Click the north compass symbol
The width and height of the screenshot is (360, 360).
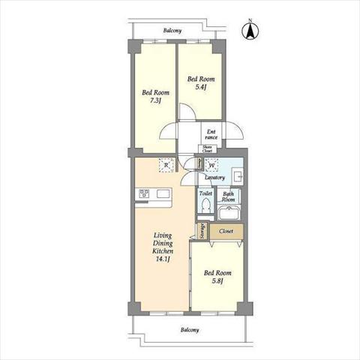click(250, 31)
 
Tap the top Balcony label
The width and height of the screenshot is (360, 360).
click(172, 31)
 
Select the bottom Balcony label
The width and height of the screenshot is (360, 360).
click(190, 330)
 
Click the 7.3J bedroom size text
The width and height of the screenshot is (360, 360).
click(155, 100)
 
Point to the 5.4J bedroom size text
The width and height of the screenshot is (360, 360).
click(201, 87)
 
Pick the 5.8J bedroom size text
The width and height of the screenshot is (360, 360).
click(217, 280)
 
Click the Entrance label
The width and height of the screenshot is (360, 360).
click(211, 134)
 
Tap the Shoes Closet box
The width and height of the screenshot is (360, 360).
click(207, 149)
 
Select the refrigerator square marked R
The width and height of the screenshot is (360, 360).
click(166, 165)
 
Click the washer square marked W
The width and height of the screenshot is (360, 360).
click(211, 165)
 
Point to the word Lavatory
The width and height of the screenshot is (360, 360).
click(214, 178)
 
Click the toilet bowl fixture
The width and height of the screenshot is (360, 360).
click(206, 205)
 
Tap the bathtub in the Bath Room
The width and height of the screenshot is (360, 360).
click(229, 213)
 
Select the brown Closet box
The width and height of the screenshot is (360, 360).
click(226, 231)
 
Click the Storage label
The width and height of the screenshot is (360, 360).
click(203, 231)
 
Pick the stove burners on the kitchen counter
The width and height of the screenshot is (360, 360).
click(144, 193)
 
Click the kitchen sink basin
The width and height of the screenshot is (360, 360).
click(163, 193)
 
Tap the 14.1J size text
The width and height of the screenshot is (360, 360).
click(163, 259)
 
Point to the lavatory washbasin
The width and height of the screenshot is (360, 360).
click(237, 175)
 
